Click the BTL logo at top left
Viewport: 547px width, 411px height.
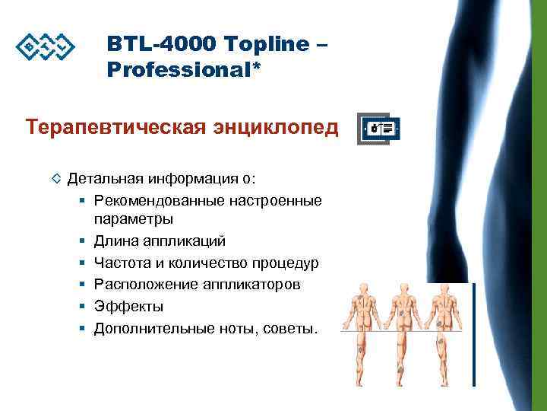(x=46, y=47)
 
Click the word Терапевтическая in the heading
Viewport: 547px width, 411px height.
(x=113, y=125)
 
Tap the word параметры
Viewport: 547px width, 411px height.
(x=133, y=219)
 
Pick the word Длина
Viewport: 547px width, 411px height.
(x=114, y=241)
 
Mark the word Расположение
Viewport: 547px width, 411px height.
(x=141, y=284)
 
